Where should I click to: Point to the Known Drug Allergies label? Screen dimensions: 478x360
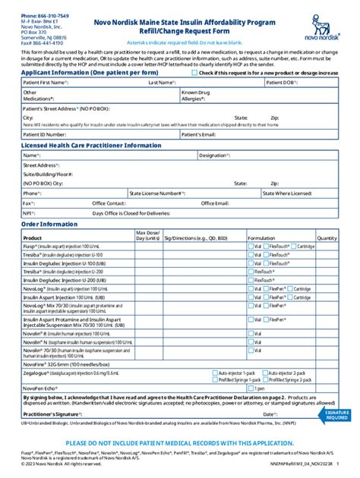[x=197, y=96]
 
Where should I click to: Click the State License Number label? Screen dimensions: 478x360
[x=156, y=193]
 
